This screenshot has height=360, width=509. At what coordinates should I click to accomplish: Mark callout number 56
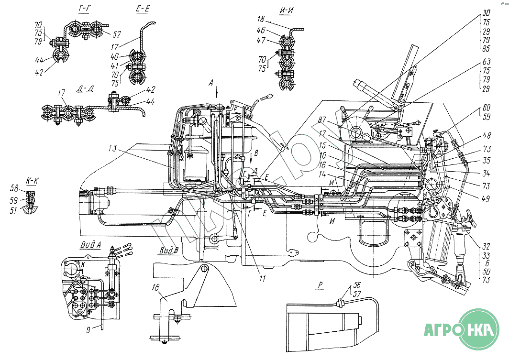356,284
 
